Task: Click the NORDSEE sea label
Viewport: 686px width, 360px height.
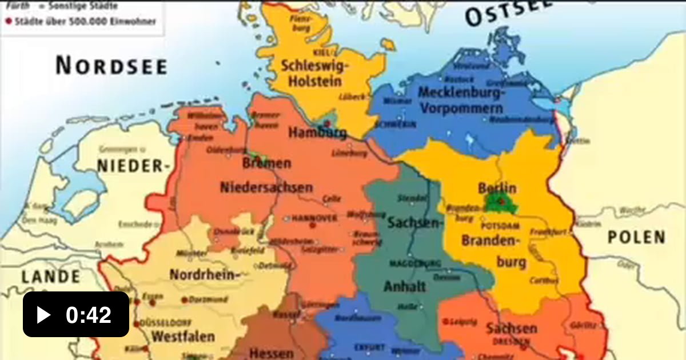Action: (x=111, y=66)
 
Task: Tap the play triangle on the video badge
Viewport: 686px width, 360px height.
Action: (x=43, y=315)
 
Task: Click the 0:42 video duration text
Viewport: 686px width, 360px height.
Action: (x=89, y=315)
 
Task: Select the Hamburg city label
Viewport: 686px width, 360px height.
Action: (x=317, y=134)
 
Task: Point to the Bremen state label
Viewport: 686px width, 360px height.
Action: (x=266, y=163)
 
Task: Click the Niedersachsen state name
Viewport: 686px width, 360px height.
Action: (x=266, y=187)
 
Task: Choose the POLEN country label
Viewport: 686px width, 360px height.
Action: (x=636, y=237)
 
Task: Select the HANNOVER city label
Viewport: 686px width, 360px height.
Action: (x=315, y=218)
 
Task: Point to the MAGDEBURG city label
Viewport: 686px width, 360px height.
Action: (x=416, y=263)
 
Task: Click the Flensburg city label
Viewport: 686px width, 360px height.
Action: (x=302, y=22)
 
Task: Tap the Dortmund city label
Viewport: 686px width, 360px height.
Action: (x=208, y=299)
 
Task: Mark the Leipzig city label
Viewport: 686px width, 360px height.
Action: (x=463, y=322)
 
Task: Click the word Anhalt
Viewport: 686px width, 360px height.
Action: (x=405, y=286)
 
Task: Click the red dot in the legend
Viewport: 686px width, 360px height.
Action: (x=9, y=22)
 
